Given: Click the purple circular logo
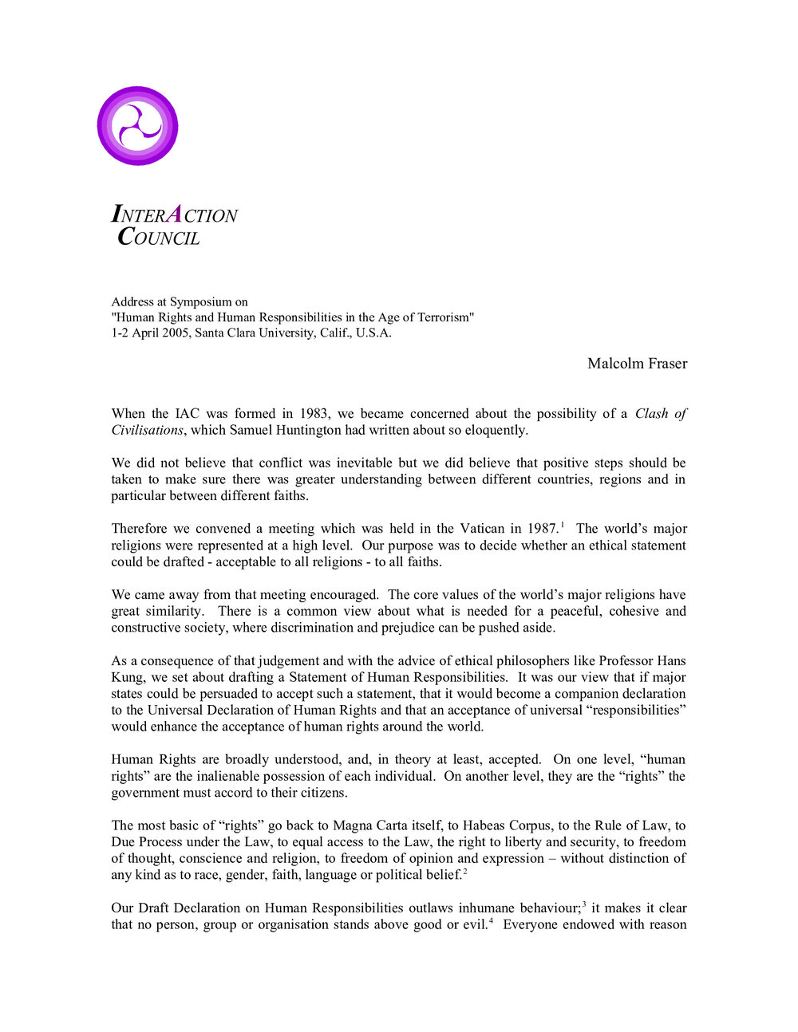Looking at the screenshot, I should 137,126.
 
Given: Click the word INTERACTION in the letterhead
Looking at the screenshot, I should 174,215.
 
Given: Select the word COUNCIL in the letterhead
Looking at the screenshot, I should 158,238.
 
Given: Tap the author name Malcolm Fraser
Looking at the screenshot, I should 637,364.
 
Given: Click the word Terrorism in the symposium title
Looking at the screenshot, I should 441,317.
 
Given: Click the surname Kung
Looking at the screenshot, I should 126,677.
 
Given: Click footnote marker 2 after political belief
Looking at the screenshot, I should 465,872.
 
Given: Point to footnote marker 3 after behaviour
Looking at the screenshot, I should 584,904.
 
